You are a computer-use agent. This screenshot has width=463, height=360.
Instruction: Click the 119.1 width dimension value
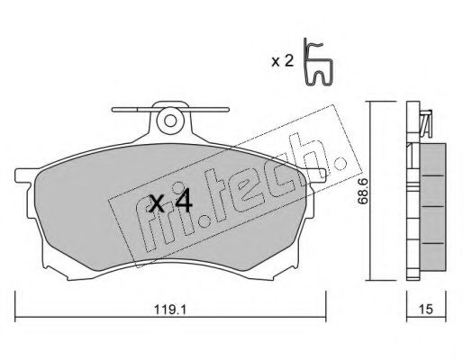pyautogui.click(x=170, y=310)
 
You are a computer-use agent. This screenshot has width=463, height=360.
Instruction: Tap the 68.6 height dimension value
pyautogui.click(x=363, y=192)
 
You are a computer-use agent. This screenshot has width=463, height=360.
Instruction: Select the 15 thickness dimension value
pyautogui.click(x=426, y=310)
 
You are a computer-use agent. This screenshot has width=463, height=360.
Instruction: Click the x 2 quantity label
pyautogui.click(x=282, y=61)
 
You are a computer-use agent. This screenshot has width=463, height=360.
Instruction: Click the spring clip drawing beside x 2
pyautogui.click(x=318, y=62)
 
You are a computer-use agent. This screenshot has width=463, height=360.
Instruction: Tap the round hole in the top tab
pyautogui.click(x=170, y=121)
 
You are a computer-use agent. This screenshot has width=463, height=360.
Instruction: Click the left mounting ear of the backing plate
pyautogui.click(x=25, y=175)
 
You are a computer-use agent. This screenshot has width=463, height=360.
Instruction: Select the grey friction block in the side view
pyautogui.click(x=433, y=207)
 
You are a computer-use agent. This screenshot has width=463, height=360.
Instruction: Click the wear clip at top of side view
pyautogui.click(x=426, y=123)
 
